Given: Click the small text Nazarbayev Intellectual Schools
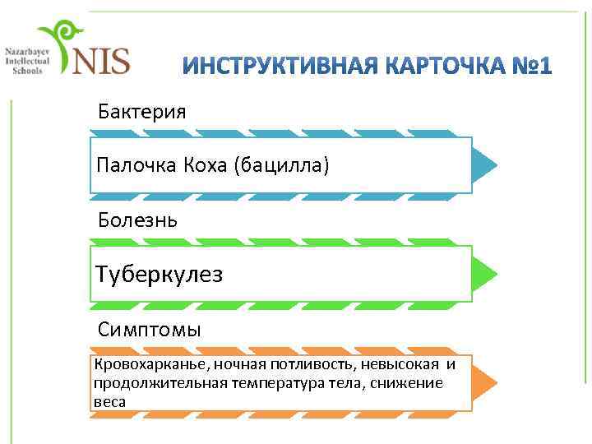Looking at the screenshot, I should [27, 60].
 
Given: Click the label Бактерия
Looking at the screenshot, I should [141, 110].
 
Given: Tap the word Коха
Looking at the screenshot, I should [206, 166].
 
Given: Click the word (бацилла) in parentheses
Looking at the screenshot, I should [282, 166].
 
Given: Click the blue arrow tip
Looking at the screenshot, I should [485, 165].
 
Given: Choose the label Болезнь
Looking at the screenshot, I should [136, 220].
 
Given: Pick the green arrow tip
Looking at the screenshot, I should [485, 273].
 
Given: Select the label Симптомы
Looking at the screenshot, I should [150, 330].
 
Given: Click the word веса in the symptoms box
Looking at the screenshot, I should [109, 401].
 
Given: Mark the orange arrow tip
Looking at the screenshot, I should [485, 383].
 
